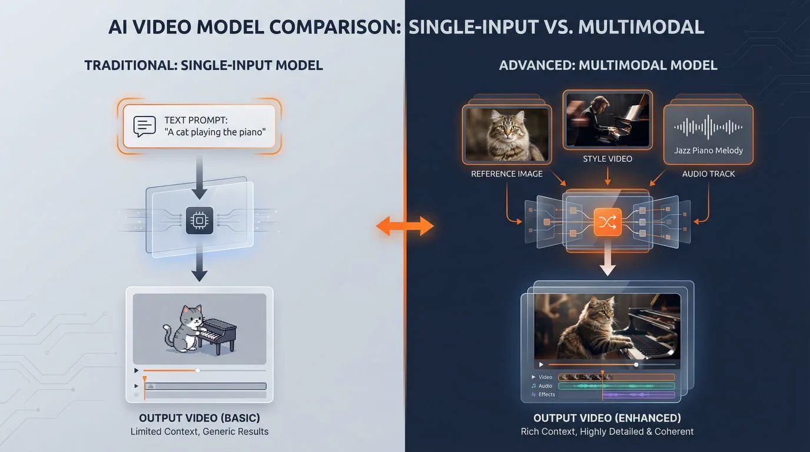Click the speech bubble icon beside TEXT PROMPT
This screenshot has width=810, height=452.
coord(144,126)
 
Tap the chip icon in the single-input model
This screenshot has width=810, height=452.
coord(199,221)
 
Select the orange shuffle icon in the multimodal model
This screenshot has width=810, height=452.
coord(607,222)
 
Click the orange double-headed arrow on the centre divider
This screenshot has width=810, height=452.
coord(405,225)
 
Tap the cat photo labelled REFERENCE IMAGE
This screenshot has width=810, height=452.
coord(507,135)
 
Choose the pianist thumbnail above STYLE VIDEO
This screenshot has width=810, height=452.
coord(607,119)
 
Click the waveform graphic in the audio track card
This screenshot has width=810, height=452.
coord(708,127)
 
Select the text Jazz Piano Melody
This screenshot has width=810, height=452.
coord(708,151)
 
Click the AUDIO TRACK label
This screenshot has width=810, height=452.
coord(708,174)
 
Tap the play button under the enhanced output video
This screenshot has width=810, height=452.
coord(541,364)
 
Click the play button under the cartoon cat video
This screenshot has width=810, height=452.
coord(137,371)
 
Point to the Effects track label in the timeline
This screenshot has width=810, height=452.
coord(546,394)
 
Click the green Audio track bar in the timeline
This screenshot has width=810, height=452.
coord(616,386)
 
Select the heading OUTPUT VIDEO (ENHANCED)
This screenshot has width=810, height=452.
coord(607,418)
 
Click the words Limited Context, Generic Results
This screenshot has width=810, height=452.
coord(199,431)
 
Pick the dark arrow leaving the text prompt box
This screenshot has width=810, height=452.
coord(199,177)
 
